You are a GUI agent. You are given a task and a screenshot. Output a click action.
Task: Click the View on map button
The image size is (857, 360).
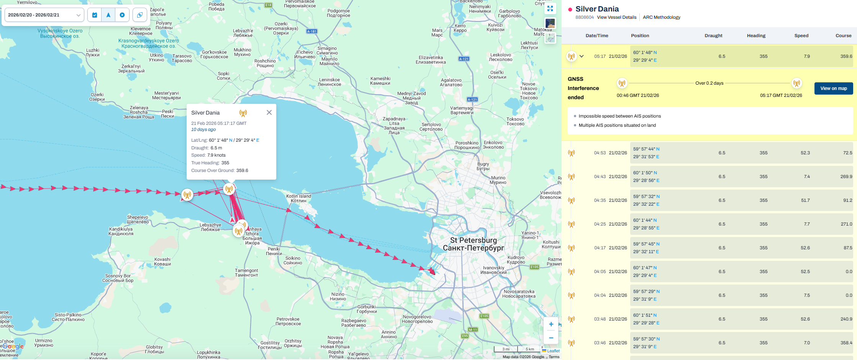(833, 88)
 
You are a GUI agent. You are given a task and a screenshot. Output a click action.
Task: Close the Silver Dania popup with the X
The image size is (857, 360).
(269, 113)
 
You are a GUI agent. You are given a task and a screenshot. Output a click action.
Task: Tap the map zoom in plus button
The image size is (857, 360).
(551, 324)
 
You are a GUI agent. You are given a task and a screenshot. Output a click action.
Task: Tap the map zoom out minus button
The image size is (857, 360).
(551, 338)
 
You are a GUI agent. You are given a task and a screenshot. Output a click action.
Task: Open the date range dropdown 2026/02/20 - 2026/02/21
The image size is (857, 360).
(44, 15)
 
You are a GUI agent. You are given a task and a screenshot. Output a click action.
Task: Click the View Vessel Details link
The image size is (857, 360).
(616, 17)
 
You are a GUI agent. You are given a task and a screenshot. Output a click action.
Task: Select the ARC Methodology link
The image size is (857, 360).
(661, 17)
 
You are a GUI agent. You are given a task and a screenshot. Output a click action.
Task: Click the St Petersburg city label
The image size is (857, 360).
(473, 241)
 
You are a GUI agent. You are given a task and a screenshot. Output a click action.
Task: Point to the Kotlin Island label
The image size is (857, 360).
(298, 196)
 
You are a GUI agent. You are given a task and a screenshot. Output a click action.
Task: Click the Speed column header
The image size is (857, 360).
(801, 36)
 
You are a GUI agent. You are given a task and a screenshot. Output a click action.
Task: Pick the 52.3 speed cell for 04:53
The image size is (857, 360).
(805, 153)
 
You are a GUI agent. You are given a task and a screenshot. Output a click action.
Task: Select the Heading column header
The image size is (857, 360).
(756, 36)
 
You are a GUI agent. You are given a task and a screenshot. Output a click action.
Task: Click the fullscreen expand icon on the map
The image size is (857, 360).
(550, 8)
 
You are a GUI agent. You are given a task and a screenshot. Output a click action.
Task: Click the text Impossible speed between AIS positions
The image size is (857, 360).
(619, 116)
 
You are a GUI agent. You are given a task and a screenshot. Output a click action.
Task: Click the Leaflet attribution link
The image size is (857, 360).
(553, 351)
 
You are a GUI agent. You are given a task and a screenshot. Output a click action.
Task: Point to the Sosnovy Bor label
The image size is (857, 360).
(118, 276)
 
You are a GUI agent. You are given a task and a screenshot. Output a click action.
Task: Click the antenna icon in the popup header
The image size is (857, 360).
(243, 113)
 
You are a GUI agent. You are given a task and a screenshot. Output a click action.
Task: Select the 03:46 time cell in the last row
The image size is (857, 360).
(600, 343)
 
